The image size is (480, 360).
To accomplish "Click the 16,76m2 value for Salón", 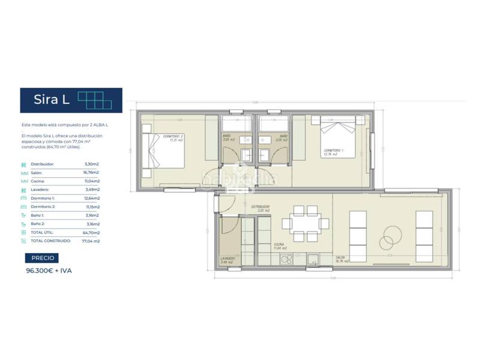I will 92,172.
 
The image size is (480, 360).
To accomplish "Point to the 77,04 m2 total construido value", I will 90,241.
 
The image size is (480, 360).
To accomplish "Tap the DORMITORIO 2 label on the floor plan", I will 173,137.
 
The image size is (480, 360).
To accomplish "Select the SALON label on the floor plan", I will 343,259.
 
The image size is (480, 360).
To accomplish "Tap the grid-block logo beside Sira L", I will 95,100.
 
